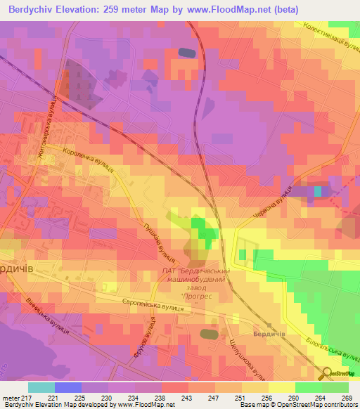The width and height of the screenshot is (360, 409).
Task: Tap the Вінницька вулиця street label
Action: (46, 318)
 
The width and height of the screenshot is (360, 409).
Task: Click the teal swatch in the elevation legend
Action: (41, 387)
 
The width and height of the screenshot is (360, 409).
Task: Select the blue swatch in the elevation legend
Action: (67, 387)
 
